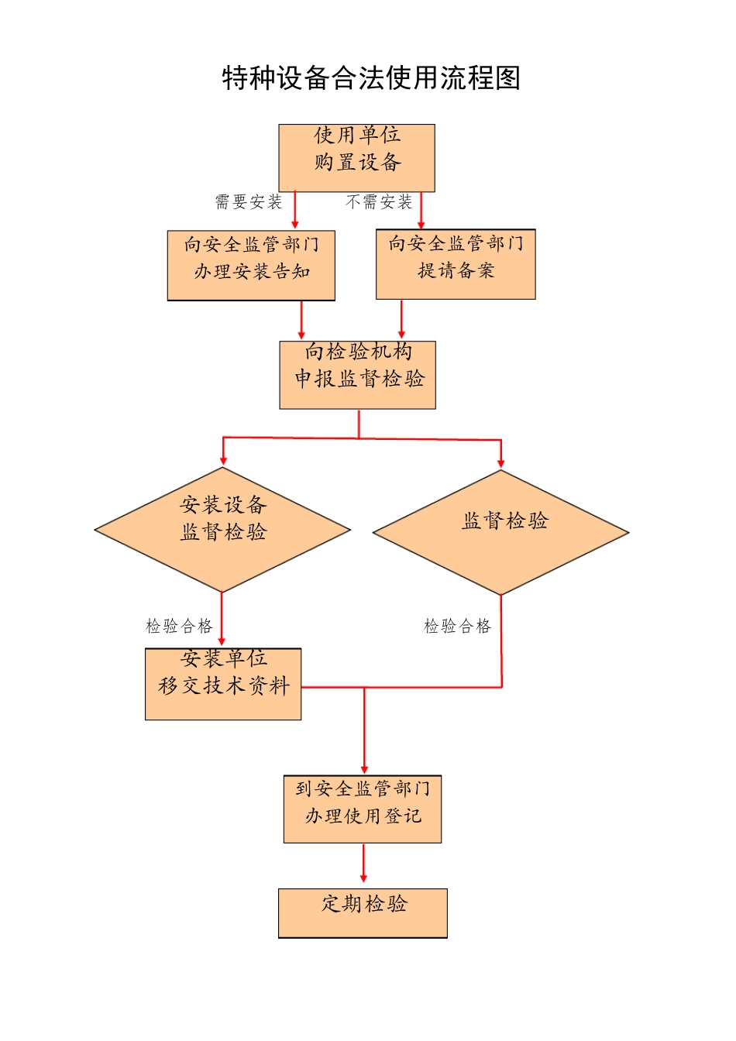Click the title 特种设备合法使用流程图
coord(371,78)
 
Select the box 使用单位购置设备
coord(356,157)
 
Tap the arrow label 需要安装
coord(249,202)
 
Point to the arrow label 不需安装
coord(379,202)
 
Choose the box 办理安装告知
coord(251,265)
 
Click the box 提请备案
coord(456,264)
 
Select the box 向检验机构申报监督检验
coord(358,375)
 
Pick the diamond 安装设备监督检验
coord(222,530)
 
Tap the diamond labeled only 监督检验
coord(500,532)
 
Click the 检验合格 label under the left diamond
coord(179,626)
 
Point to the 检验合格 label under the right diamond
coord(457,626)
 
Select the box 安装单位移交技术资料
coord(223,684)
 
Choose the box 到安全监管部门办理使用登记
coord(363,809)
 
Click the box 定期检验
coord(363,912)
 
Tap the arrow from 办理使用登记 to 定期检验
coord(363,863)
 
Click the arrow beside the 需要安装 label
coord(294,210)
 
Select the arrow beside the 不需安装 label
coord(421,210)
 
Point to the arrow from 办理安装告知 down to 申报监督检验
coord(301,320)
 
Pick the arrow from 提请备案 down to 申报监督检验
coord(401,319)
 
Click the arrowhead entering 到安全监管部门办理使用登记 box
coord(364,768)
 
